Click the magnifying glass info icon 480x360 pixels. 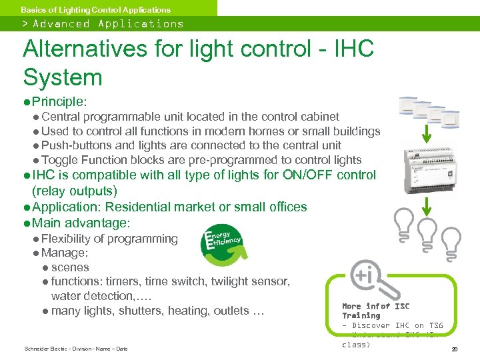(x=369, y=278)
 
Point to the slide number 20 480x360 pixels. (x=454, y=349)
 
